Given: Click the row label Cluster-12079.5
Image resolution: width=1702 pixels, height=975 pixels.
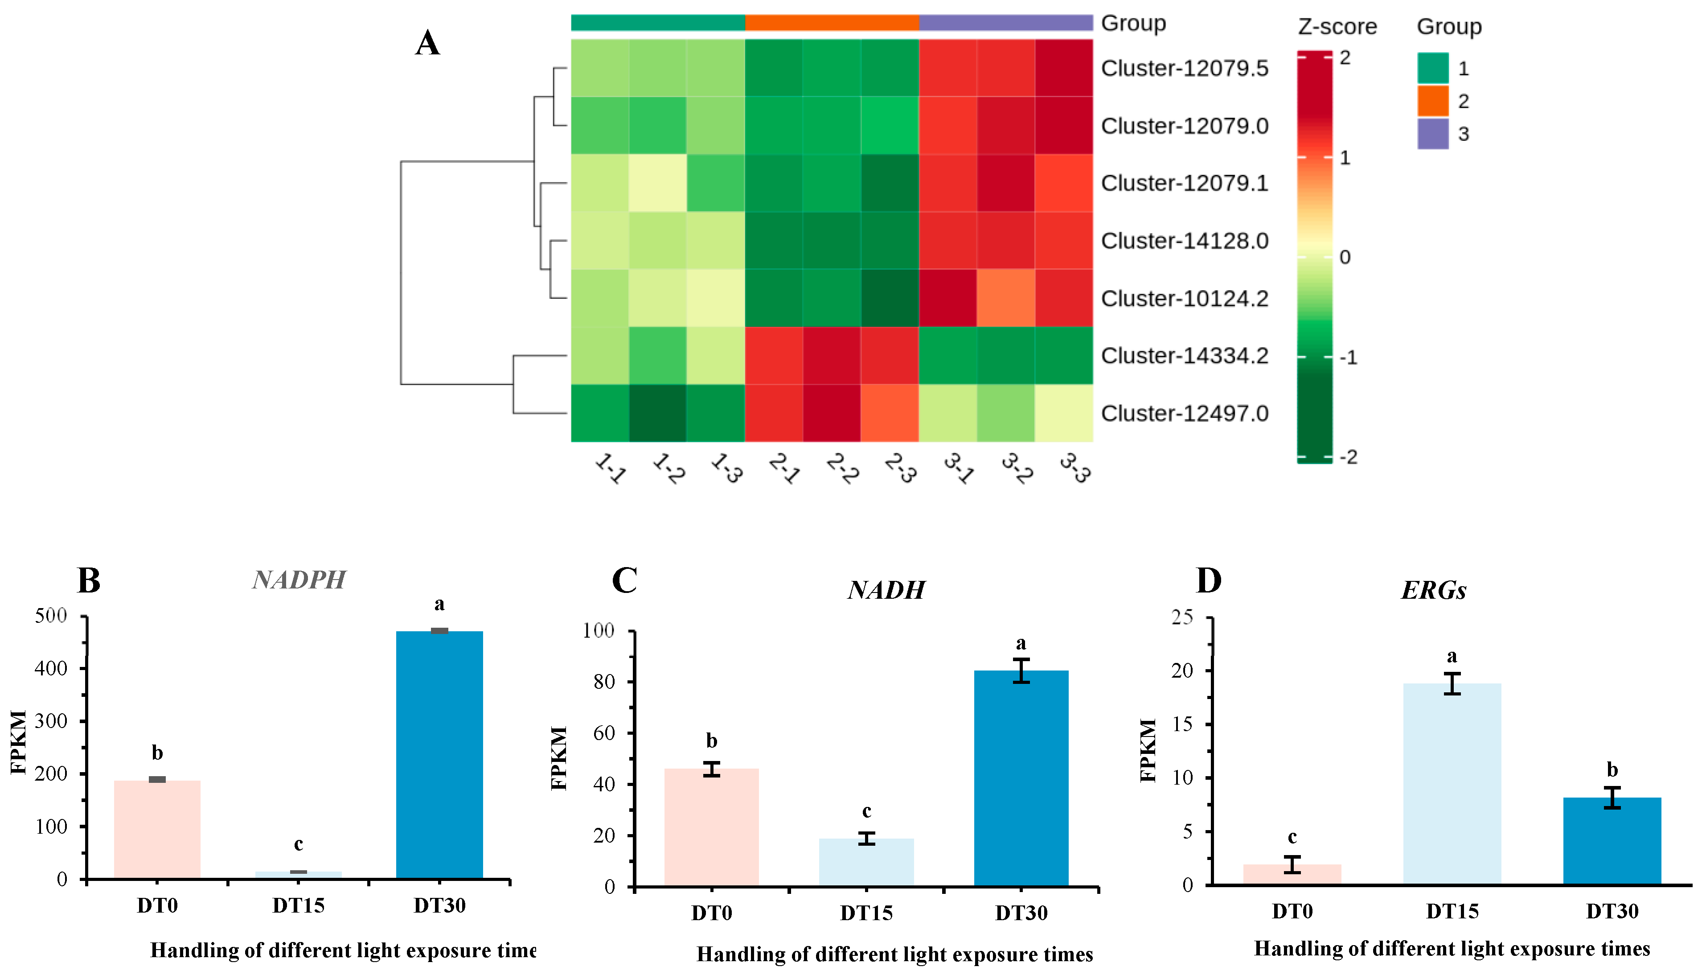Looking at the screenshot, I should (1184, 68).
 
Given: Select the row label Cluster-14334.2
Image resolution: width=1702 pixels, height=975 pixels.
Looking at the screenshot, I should (1184, 356).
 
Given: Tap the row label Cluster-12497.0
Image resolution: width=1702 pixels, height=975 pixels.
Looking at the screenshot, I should (1184, 413).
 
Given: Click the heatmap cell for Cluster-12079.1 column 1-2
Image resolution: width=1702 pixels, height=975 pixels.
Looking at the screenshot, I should (658, 183).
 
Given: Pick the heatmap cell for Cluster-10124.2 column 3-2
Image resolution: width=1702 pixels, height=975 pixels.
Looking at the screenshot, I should (1005, 298).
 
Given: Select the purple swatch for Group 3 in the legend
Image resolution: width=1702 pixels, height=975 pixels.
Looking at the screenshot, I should (1432, 133).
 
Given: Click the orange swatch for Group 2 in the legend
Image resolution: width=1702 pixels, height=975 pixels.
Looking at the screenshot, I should (1432, 100).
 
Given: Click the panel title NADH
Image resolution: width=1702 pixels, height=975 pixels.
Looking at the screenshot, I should (886, 590).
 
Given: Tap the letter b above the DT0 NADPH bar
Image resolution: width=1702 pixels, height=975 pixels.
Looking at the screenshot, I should (157, 753).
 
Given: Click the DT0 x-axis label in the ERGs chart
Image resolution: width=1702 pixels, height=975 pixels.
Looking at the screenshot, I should (1292, 911).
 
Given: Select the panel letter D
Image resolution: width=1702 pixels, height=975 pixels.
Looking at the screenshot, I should (1209, 580).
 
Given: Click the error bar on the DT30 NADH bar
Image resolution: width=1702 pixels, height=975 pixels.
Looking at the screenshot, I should (1021, 671).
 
